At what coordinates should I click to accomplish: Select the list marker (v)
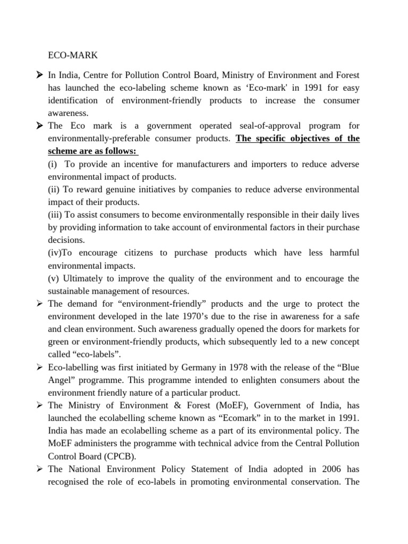pyautogui.click(x=54, y=278)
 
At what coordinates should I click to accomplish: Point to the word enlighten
pyautogui.click(x=248, y=380)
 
